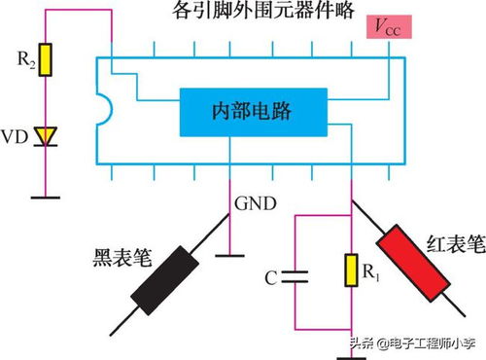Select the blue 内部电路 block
pyautogui.click(x=251, y=113)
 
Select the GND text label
pyautogui.click(x=255, y=204)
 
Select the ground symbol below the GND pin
pyautogui.click(x=231, y=255)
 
